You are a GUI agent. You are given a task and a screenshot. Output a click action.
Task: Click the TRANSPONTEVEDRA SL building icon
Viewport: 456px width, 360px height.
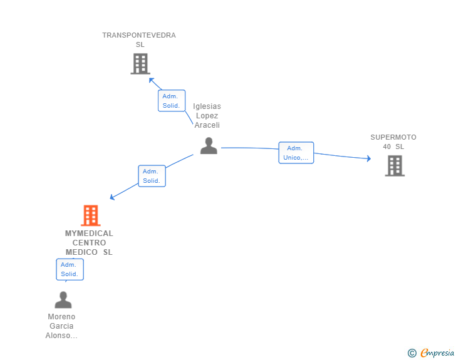140,64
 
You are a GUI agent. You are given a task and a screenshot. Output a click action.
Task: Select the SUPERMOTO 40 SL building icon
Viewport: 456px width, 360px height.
395,166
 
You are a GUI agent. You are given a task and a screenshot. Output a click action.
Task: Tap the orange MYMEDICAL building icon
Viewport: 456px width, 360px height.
91,215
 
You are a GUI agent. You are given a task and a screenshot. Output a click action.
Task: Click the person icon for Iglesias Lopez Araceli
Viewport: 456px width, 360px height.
209,146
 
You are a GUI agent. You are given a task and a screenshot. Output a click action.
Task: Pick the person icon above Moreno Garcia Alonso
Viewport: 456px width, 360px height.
63,300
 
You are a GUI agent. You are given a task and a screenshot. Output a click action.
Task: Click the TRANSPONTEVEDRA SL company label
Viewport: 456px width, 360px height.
139,39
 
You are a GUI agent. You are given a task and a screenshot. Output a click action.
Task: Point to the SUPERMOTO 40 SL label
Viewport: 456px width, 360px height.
393,141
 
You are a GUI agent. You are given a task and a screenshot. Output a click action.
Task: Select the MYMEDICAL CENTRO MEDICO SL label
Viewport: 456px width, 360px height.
89,242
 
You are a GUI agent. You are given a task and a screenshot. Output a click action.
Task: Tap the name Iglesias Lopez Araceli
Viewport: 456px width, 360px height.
207,116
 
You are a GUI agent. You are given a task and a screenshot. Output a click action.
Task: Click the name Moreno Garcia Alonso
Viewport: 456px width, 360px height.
61,326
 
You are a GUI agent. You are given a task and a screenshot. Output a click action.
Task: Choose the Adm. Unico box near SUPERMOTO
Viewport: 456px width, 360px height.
296,153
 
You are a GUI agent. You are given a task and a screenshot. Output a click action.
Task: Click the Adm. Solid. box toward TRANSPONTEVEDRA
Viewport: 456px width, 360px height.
171,101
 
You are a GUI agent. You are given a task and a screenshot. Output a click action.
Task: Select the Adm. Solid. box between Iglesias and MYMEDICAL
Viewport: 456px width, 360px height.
151,176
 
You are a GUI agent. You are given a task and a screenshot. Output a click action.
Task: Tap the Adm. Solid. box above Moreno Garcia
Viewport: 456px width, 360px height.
70,269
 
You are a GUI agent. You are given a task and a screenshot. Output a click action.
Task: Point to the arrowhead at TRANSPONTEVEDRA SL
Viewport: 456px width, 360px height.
151,80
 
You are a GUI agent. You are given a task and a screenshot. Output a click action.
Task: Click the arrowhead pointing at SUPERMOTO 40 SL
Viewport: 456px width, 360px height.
368,158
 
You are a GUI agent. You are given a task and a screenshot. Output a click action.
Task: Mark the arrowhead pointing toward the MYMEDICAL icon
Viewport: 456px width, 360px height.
112,198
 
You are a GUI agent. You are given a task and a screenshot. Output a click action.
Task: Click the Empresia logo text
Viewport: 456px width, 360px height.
437,353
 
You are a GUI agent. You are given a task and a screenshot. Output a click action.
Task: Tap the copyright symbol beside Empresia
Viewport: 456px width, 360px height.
412,353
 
